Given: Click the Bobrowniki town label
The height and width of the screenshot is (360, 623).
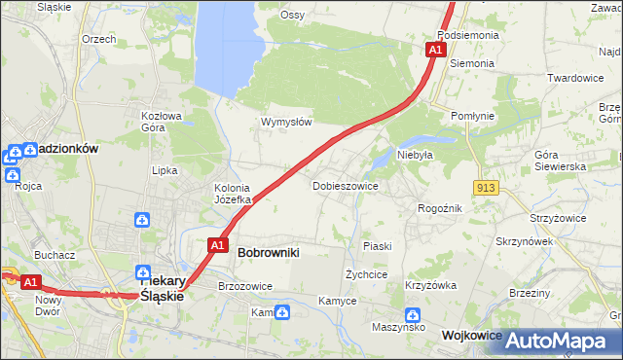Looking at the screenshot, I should (x=268, y=252).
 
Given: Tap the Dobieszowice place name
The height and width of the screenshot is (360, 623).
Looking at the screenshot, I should (x=345, y=185).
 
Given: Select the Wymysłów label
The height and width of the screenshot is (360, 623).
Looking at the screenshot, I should (x=285, y=122).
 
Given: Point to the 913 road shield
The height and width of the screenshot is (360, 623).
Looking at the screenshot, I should (x=488, y=186).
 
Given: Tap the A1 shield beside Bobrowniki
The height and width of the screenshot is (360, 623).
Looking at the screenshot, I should (x=217, y=245).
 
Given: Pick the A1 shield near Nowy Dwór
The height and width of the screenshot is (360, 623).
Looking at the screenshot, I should (x=30, y=282).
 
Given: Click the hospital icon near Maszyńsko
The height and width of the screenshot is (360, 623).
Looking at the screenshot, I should (x=413, y=315).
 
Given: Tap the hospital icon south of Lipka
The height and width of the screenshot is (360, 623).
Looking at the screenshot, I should (x=142, y=220).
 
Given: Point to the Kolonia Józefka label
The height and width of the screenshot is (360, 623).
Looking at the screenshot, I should (x=233, y=194).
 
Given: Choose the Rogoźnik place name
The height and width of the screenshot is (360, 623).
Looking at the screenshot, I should (x=438, y=208).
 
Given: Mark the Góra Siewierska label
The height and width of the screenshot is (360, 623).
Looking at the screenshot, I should (x=560, y=161).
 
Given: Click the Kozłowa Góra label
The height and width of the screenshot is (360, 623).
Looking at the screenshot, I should (x=162, y=121).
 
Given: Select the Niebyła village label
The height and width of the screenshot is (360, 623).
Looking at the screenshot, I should (x=414, y=154).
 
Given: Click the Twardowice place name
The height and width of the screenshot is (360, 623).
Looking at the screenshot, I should (x=575, y=78).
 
